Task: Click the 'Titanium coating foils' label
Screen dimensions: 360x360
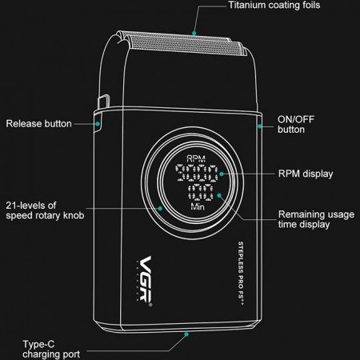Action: (274, 6)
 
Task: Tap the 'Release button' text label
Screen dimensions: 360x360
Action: (39, 124)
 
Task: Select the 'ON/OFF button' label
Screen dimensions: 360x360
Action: (296, 124)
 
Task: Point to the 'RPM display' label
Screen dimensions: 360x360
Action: (306, 174)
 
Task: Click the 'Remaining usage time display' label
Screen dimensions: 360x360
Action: (316, 219)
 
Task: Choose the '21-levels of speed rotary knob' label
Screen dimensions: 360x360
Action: (45, 210)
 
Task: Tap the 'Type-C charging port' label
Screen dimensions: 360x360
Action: (51, 349)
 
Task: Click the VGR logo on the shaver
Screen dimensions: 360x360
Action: (145, 281)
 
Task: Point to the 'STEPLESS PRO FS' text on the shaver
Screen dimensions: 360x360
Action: (241, 273)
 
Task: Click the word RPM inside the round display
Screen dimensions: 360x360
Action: (196, 159)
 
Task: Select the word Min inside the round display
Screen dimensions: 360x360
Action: (198, 206)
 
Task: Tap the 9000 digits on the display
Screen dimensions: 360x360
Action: (197, 173)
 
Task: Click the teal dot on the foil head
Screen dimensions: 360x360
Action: (194, 33)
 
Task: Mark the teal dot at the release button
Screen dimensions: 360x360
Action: (98, 124)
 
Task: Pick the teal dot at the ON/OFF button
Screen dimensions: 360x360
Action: (259, 126)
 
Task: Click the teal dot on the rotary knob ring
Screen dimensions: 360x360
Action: (160, 208)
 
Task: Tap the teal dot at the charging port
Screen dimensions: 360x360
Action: (186, 334)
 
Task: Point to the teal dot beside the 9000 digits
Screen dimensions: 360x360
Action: (222, 174)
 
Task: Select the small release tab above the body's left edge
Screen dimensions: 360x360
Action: (104, 102)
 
